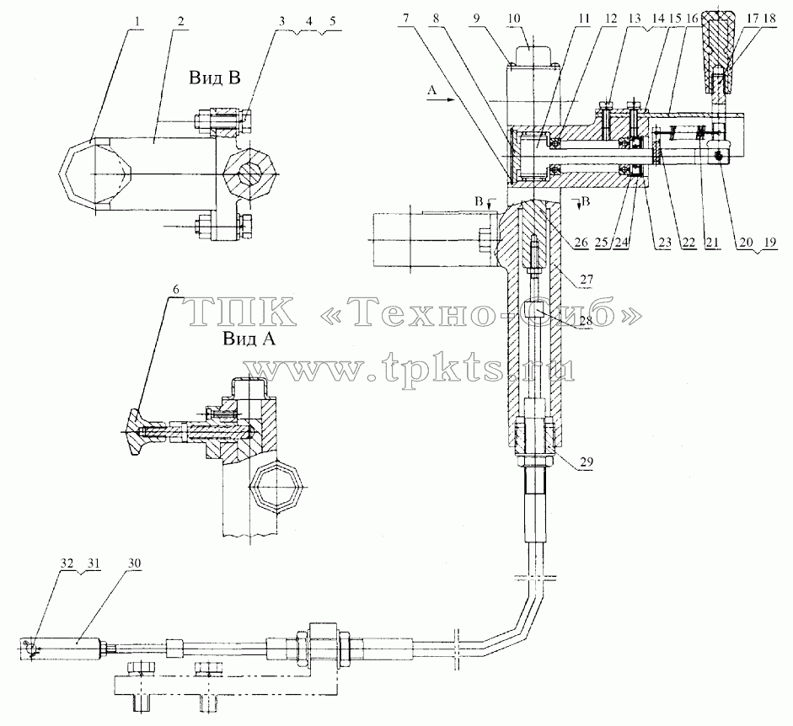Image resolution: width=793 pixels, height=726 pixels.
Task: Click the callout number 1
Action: point(138,22)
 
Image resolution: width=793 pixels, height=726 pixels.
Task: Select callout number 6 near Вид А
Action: point(175,290)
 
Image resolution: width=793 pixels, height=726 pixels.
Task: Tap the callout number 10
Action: point(513,19)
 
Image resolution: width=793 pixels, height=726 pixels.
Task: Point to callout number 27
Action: point(587,280)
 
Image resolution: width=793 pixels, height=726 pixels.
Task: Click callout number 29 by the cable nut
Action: point(587,462)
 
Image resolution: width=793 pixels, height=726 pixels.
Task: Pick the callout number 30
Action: point(134,563)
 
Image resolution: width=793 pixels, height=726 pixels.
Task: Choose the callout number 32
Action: point(67,563)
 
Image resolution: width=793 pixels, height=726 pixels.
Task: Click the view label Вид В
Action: point(214,77)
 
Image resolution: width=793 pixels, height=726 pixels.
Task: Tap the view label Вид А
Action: point(249,338)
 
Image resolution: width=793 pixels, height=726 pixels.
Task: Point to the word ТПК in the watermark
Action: point(242,312)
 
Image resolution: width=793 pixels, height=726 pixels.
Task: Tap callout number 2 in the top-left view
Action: point(180,22)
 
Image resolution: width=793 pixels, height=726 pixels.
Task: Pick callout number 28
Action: point(586,320)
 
